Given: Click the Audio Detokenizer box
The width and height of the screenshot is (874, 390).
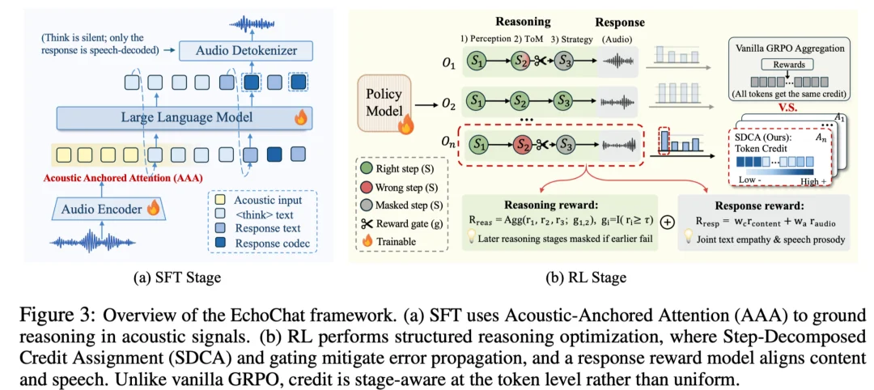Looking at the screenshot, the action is (x=246, y=51).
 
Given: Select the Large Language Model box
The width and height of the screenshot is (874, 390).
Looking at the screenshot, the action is (x=185, y=117).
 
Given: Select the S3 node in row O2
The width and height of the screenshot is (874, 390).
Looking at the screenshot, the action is (x=563, y=102).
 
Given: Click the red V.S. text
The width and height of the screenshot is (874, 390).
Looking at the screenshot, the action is (x=789, y=108).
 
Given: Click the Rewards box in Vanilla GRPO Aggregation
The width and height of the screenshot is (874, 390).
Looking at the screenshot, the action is (x=789, y=64).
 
